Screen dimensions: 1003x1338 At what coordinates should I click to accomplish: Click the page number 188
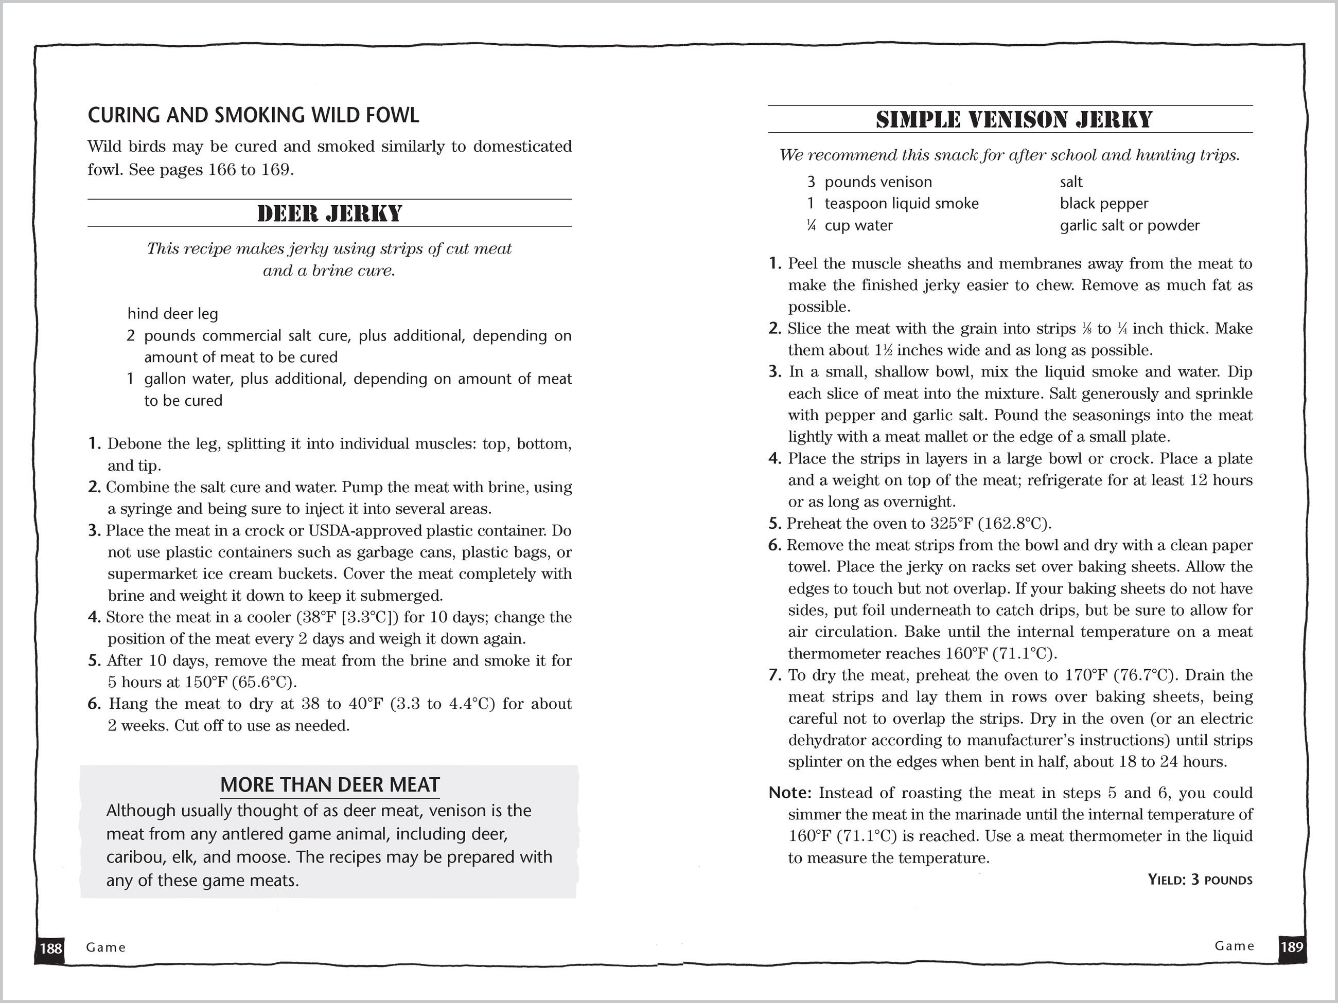click(51, 947)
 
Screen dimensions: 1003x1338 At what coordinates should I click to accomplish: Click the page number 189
click(1291, 946)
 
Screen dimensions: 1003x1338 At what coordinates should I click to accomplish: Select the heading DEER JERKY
click(330, 213)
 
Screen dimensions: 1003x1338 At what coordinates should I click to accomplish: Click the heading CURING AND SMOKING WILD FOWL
click(253, 115)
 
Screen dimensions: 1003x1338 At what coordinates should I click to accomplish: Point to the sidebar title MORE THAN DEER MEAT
click(330, 785)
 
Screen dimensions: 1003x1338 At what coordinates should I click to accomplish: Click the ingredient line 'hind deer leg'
click(172, 314)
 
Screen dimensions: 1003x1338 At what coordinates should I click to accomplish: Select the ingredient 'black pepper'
click(1103, 204)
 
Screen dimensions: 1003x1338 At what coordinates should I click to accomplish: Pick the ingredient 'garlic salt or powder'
click(1129, 225)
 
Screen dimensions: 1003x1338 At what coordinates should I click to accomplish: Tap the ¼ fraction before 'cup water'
click(811, 225)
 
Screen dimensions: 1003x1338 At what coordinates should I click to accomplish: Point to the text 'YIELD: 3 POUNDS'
click(1200, 880)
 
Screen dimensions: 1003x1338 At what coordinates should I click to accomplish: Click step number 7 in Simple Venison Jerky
click(775, 675)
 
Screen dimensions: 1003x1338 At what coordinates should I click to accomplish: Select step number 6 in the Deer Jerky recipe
click(94, 704)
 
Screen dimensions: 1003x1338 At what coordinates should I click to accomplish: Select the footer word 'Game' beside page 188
click(106, 947)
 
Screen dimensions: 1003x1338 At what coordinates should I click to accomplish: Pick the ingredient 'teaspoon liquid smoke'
click(901, 204)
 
